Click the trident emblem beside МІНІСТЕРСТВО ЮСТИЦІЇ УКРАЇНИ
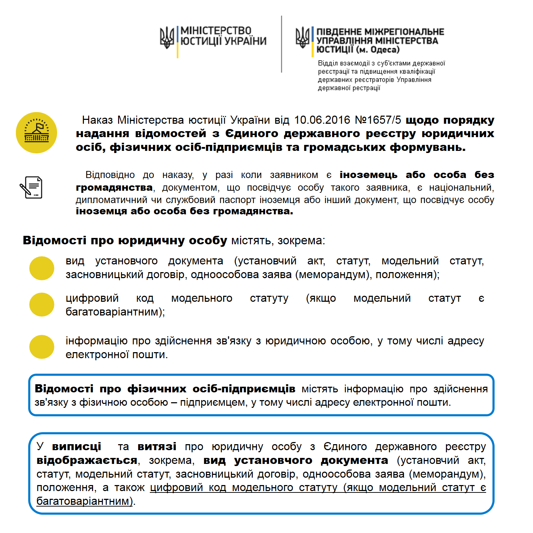point(167,38)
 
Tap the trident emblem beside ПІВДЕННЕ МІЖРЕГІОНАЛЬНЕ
point(302,38)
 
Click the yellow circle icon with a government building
point(37,133)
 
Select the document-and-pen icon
point(31,187)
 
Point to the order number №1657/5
point(378,120)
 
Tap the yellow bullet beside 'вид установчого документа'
point(42,268)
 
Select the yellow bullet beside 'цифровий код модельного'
point(42,305)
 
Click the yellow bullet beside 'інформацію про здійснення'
point(42,347)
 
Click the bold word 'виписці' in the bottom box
point(76,447)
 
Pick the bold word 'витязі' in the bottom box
point(157,447)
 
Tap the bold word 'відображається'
point(87,460)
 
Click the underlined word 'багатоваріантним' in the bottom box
point(83,501)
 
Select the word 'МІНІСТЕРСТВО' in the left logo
point(216,31)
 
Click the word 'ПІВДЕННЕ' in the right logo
point(339,32)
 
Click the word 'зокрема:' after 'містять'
point(301,241)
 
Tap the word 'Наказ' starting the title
point(97,120)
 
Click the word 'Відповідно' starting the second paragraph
point(110,175)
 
